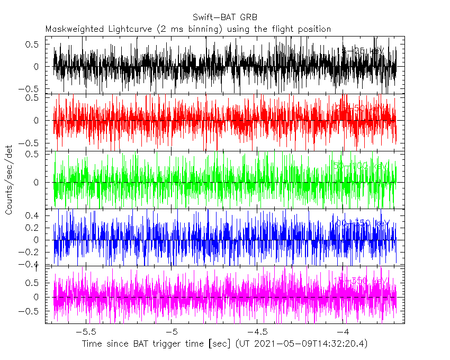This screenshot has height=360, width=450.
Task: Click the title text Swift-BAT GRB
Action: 225,18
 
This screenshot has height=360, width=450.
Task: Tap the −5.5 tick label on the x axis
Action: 85,332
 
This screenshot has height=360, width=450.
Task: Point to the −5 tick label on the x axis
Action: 171,332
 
